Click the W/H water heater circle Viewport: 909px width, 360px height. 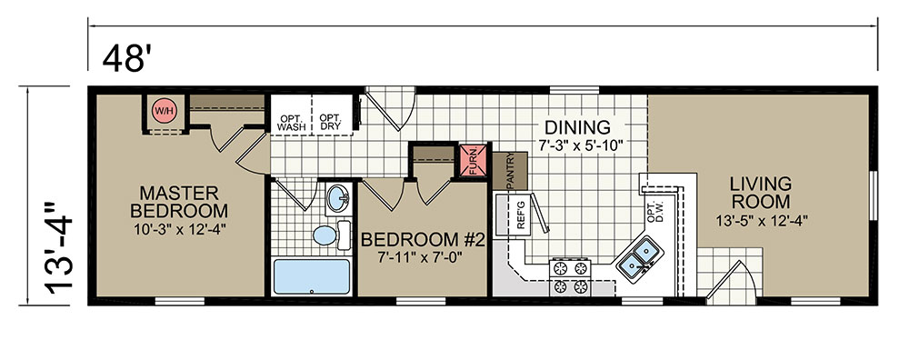[164, 111]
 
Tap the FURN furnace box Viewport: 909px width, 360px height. [471, 160]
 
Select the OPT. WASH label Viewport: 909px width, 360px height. [291, 122]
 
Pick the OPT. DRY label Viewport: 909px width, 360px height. [331, 122]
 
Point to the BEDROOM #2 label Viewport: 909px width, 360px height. [424, 239]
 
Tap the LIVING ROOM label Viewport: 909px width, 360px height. [760, 193]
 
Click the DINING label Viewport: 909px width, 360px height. [577, 126]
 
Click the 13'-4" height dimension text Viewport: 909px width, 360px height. [58, 247]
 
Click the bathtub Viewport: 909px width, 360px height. [311, 276]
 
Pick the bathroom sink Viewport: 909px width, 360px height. [338, 199]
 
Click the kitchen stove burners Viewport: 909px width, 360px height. [570, 277]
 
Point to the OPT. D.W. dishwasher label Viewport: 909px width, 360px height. [654, 211]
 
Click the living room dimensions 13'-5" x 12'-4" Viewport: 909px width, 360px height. [762, 220]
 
